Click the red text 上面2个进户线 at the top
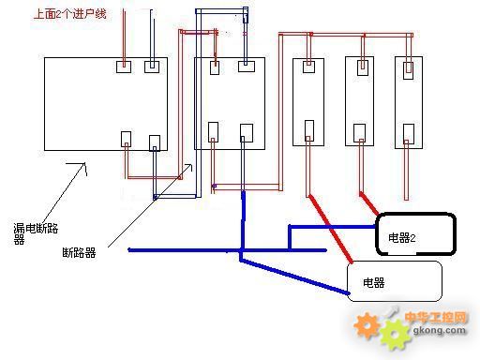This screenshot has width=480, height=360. tap(68, 15)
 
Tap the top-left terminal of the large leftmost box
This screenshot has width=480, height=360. tap(122, 67)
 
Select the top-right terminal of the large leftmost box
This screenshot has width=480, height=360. tap(152, 67)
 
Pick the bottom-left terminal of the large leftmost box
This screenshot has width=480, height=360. tap(127, 139)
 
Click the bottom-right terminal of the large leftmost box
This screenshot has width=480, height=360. tap(155, 142)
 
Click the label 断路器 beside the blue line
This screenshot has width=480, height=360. tap(79, 251)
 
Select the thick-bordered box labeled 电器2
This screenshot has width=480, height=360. tap(415, 235)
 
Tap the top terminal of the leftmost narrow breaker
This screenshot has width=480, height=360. tap(307, 67)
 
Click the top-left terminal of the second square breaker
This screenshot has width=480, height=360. tap(215, 67)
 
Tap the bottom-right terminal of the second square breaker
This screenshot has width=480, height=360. tap(247, 132)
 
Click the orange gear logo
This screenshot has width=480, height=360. tap(369, 326)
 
